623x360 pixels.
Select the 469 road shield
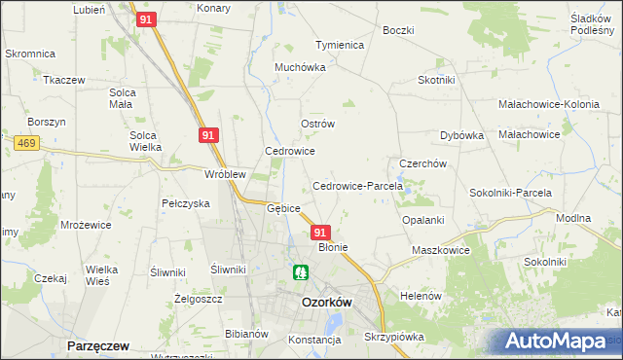[26, 143]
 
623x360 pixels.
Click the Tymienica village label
[339, 46]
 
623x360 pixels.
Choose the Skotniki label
[438, 80]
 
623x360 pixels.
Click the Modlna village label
[572, 219]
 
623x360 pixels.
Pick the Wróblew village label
[224, 174]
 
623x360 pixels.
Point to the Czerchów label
[423, 163]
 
